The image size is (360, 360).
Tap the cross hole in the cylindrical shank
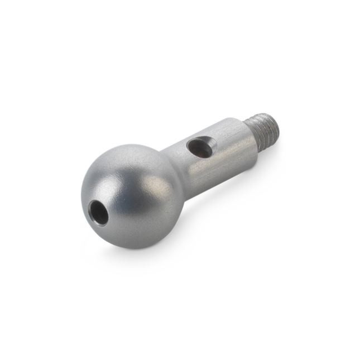pyautogui.click(x=198, y=147)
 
